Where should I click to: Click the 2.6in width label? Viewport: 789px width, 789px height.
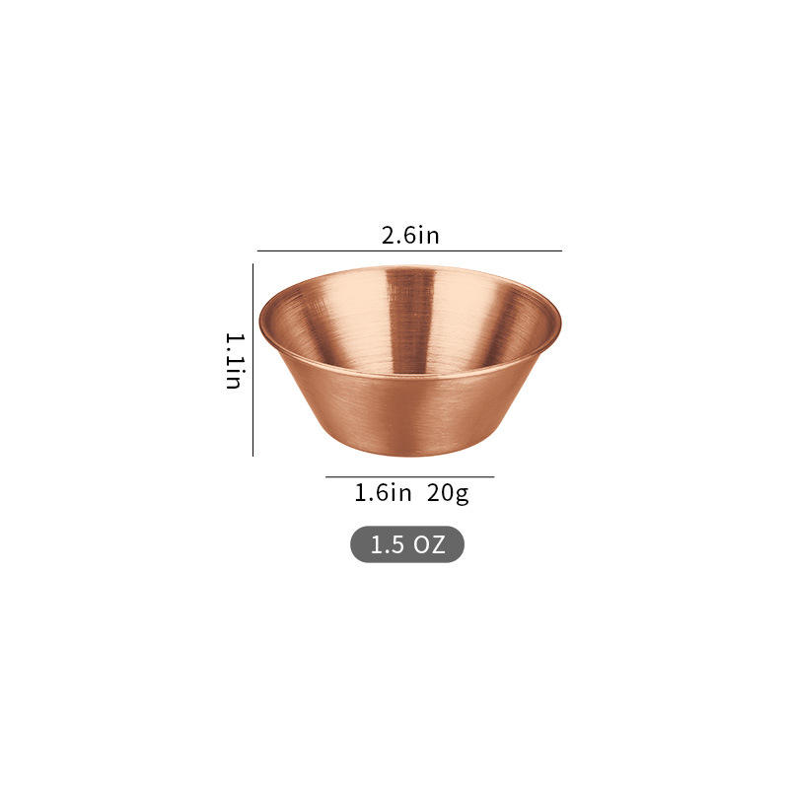(409, 236)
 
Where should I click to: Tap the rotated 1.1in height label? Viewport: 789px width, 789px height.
(234, 360)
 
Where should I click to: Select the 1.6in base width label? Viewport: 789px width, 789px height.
(383, 493)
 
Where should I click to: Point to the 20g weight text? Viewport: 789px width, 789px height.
(448, 493)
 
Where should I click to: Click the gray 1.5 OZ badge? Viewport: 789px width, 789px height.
(406, 544)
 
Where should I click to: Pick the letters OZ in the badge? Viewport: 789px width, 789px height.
(430, 544)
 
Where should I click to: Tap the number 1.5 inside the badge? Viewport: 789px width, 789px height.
(388, 544)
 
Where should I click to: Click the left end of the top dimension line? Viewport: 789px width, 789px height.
(258, 251)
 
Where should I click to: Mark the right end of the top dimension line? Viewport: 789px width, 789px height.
(561, 251)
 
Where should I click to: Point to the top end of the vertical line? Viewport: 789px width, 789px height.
(253, 264)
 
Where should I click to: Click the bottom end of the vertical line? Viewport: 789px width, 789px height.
(253, 456)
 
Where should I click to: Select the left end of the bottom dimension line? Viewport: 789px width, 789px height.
(326, 477)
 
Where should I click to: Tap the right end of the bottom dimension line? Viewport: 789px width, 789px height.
(493, 477)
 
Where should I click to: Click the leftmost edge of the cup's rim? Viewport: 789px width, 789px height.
(260, 321)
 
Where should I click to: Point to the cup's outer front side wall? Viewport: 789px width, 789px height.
(409, 414)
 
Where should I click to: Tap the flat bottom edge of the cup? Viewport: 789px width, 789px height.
(409, 455)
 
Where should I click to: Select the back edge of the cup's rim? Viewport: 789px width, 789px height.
(409, 267)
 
